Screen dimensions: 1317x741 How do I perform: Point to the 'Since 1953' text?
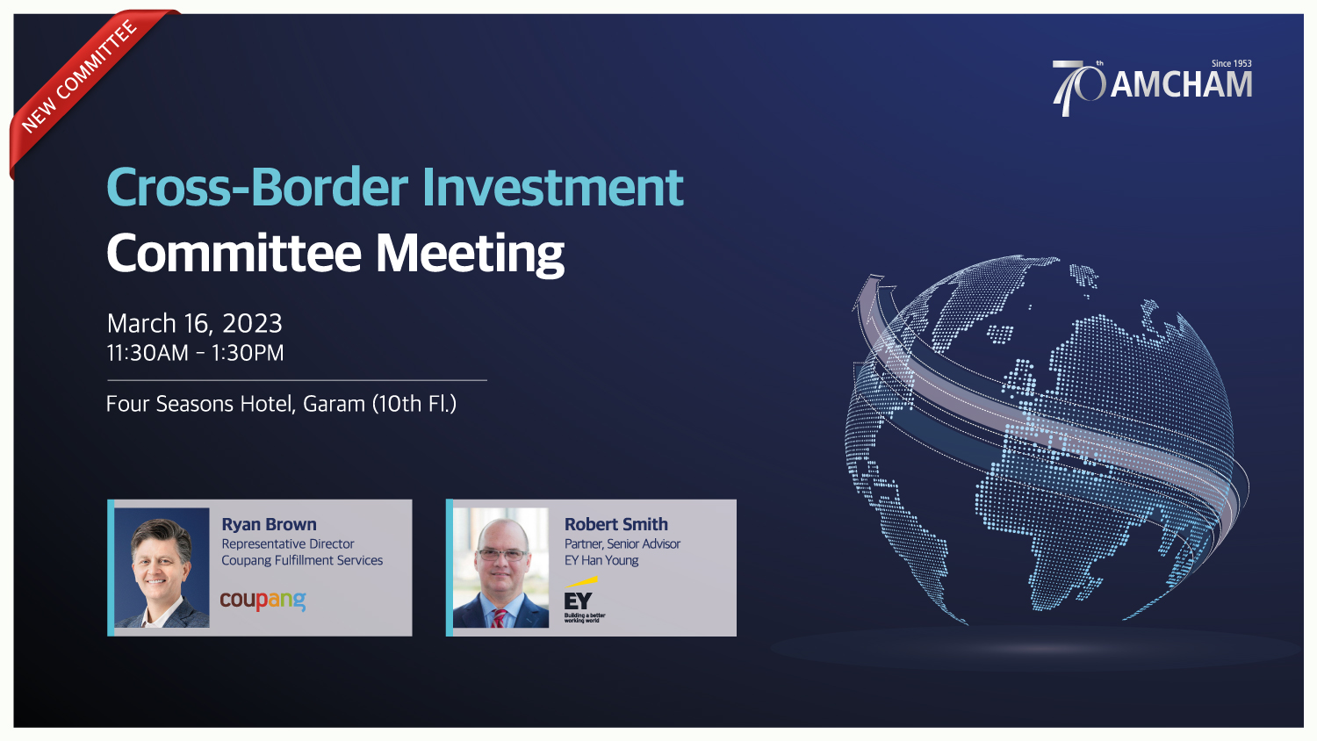[1231, 63]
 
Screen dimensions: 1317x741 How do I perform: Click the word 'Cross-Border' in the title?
[257, 187]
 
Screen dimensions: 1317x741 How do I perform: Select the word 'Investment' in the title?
[552, 187]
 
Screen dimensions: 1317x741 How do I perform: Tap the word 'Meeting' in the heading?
[470, 254]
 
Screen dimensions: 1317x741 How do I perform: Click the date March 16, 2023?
[195, 323]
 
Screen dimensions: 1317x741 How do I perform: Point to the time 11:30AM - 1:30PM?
[195, 353]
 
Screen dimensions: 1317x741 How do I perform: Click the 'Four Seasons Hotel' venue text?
[199, 404]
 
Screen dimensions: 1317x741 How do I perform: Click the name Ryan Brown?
[269, 524]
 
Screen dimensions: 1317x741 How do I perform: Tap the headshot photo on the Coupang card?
[162, 567]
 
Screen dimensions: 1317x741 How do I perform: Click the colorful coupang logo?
[263, 600]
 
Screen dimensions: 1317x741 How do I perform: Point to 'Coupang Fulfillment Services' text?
[302, 560]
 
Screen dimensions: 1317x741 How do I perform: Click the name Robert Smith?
[616, 524]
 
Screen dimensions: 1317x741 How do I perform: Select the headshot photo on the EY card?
[501, 567]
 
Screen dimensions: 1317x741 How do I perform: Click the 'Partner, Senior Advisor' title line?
[622, 544]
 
